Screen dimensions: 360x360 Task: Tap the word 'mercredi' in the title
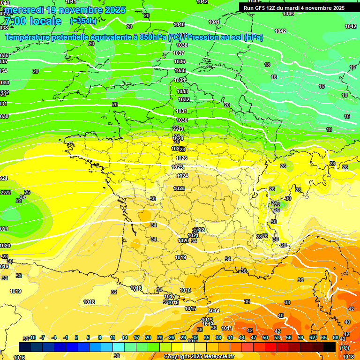(25, 10)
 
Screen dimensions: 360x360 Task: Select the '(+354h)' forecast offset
(83, 21)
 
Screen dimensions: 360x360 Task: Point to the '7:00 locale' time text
(33, 21)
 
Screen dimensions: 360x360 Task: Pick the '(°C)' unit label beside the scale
(344, 347)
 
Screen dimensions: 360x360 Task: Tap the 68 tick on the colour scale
(336, 337)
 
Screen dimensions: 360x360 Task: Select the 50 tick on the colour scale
(265, 337)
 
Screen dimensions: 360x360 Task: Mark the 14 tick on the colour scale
(125, 337)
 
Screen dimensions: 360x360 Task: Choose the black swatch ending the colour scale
(330, 347)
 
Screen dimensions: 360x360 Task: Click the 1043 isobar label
(288, 14)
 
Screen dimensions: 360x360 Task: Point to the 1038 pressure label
(181, 45)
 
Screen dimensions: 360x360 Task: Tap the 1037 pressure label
(179, 53)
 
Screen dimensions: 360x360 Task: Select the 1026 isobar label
(181, 158)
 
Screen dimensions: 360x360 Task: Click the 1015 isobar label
(190, 308)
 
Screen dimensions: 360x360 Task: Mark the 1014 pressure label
(214, 311)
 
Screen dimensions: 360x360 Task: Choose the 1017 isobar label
(170, 296)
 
